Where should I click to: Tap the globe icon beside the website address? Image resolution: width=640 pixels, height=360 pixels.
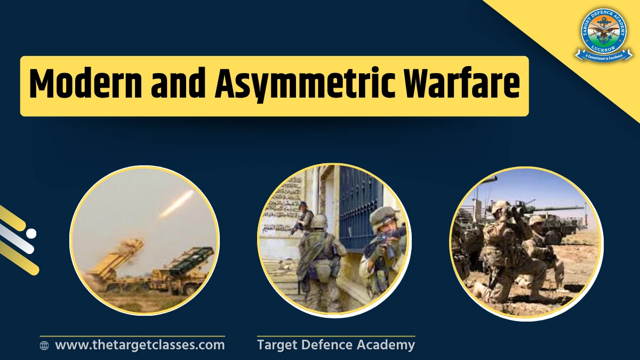[x=44, y=346]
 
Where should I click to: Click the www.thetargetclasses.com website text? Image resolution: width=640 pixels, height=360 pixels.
[x=140, y=345]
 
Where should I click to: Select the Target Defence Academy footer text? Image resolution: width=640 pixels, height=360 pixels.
[x=336, y=345]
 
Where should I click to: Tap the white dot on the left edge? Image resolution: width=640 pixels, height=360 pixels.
[x=31, y=233]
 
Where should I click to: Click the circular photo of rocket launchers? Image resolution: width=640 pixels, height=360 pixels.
[x=145, y=240]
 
